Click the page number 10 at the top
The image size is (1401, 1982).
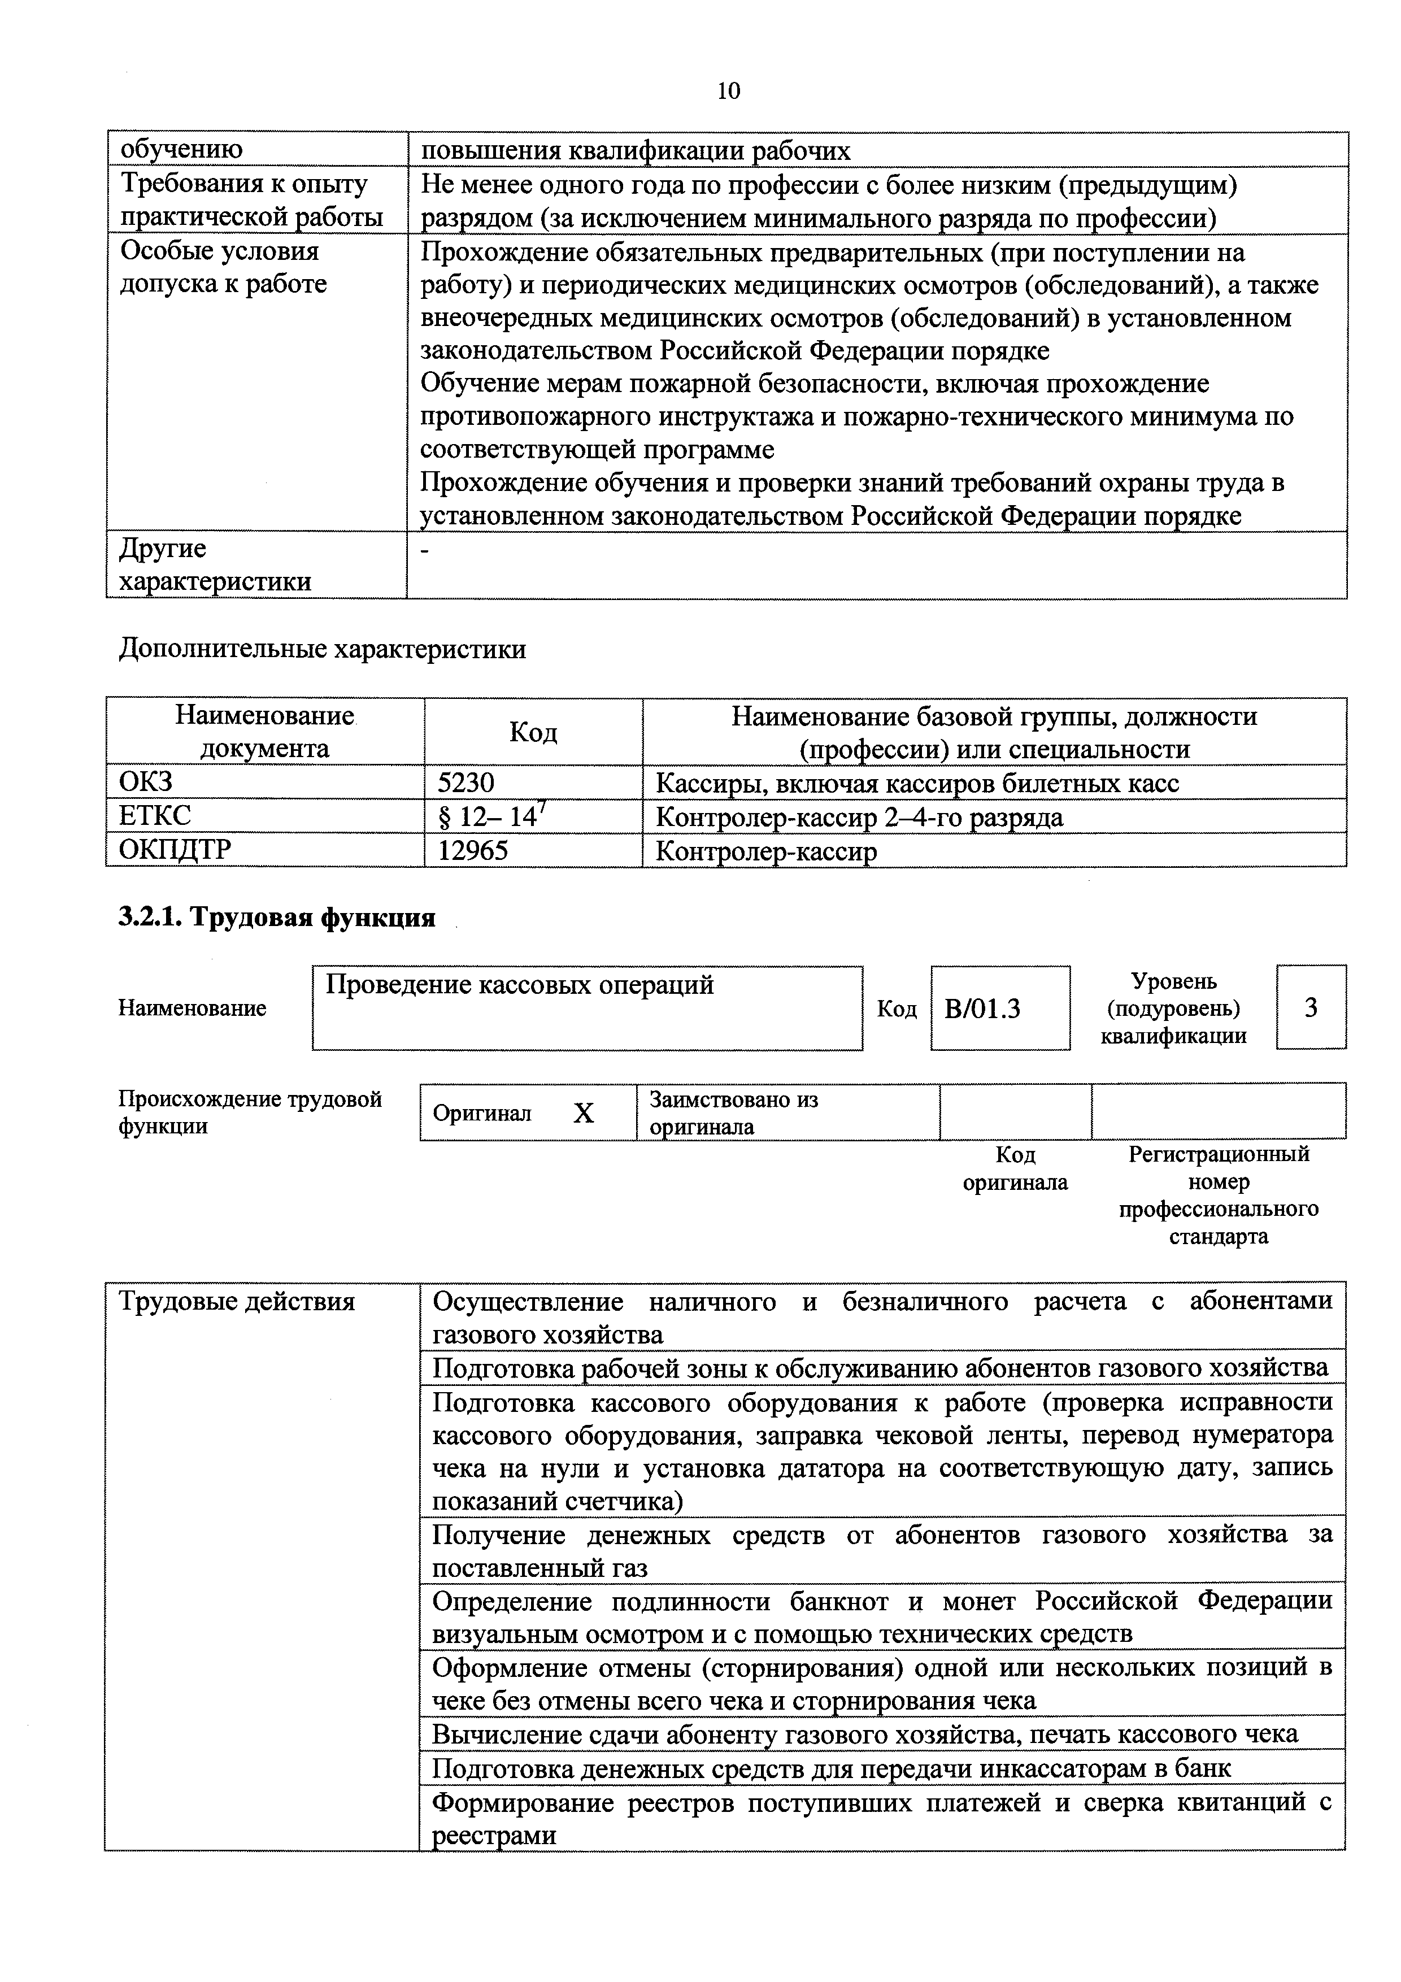coord(728,90)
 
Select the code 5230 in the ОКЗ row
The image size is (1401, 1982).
coord(466,783)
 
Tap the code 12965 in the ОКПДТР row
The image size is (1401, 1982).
coord(473,851)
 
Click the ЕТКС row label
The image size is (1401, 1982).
coord(155,816)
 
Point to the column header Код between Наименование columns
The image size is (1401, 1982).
coord(533,732)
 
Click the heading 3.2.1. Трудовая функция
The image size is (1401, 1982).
coord(276,918)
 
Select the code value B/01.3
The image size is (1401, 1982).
coord(982,1009)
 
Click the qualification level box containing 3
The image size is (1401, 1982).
coord(1311,1007)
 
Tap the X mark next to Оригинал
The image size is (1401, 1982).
coord(584,1114)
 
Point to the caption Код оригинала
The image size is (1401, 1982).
coord(1015,1168)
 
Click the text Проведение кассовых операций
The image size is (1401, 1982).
coord(520,985)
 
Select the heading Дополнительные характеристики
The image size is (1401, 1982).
coord(322,648)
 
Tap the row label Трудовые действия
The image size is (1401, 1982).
coord(237,1302)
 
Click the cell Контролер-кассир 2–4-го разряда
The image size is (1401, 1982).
coord(859,816)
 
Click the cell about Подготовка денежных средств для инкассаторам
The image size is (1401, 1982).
coord(830,1769)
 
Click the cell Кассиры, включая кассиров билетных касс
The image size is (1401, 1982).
coord(917,783)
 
